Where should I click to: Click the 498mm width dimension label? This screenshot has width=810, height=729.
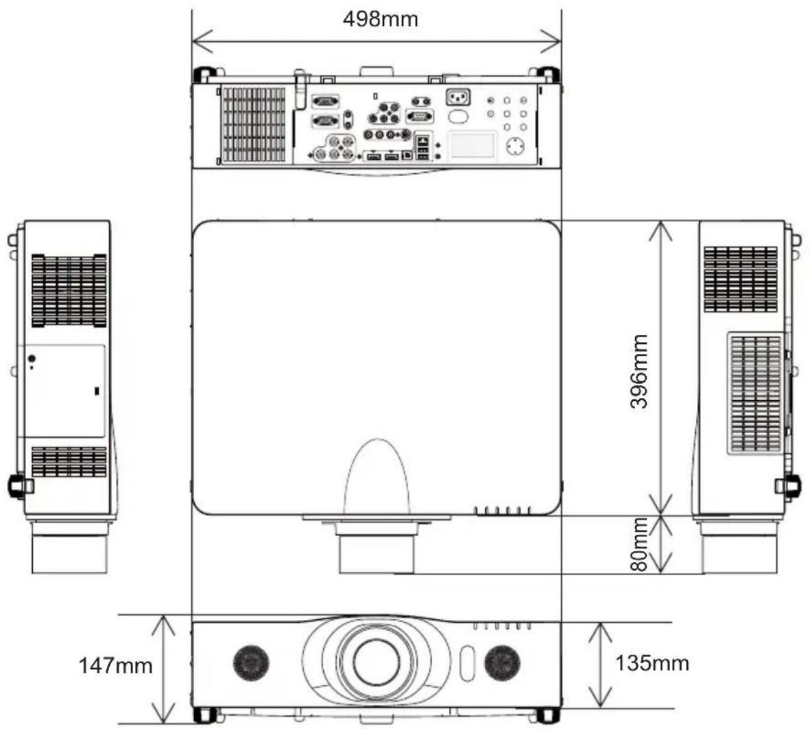point(380,19)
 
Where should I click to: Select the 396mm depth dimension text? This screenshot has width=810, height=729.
point(639,371)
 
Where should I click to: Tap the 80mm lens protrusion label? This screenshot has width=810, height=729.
point(639,544)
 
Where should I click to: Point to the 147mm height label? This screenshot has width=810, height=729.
point(115,665)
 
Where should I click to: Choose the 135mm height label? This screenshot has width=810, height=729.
point(652,663)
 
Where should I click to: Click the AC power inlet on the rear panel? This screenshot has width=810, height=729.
point(457,97)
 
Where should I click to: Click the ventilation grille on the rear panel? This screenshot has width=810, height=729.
point(253,124)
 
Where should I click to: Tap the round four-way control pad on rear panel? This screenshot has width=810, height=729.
point(514,146)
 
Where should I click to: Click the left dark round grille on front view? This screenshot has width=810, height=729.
point(250,663)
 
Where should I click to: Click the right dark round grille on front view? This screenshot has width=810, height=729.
point(502,663)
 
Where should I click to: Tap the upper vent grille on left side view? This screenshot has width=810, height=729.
point(69,290)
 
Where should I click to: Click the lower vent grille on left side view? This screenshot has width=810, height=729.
point(69,462)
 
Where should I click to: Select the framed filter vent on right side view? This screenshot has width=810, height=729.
point(756,393)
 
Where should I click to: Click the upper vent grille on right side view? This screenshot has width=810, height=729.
point(740,279)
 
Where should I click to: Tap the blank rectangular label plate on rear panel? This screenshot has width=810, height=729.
point(472,145)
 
